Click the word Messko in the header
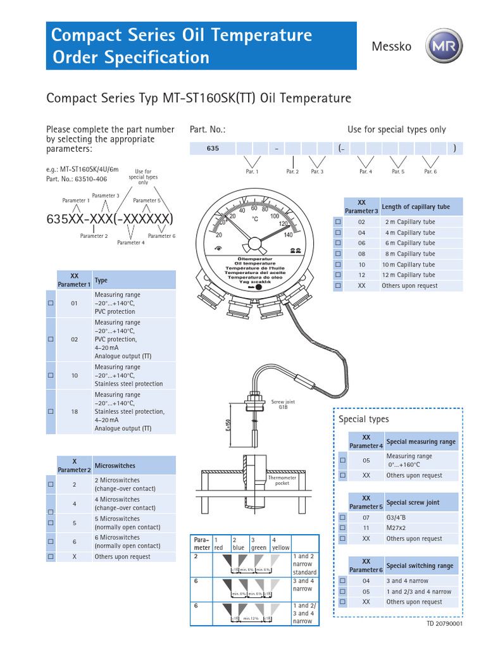point(392,46)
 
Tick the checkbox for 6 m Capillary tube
point(338,243)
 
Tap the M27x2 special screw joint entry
point(398,528)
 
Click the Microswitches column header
point(115,466)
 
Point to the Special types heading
point(363,419)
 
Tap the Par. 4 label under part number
point(366,171)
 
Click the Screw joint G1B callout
point(283,405)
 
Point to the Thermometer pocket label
point(282,482)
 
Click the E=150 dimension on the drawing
point(229,425)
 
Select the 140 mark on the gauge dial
point(289,235)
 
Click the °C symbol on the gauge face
point(255,219)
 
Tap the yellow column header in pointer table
point(280,544)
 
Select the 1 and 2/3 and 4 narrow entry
point(418,592)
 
